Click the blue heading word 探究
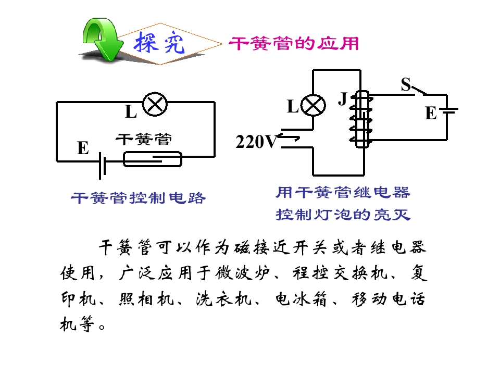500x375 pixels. coord(159,43)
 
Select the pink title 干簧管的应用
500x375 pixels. coord(294,44)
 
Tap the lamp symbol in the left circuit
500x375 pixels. coord(155,104)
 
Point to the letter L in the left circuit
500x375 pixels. coord(131,112)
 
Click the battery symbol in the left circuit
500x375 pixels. coord(102,166)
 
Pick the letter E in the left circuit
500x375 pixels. coord(83,148)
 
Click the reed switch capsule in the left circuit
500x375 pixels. coord(153,159)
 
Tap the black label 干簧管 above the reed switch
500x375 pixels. coord(144,140)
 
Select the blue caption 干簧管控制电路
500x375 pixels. coord(138,198)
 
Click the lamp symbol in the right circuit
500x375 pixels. coord(313,106)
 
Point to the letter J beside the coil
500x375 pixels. coord(343,98)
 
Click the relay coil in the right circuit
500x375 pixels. coord(361,119)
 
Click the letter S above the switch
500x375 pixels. coord(406,84)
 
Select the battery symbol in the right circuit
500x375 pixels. coord(448,110)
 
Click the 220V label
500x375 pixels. coord(257,142)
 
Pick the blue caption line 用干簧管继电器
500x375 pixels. coord(343,193)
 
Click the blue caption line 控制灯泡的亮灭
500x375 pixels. coord(343,215)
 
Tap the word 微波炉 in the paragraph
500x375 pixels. coord(243,273)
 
